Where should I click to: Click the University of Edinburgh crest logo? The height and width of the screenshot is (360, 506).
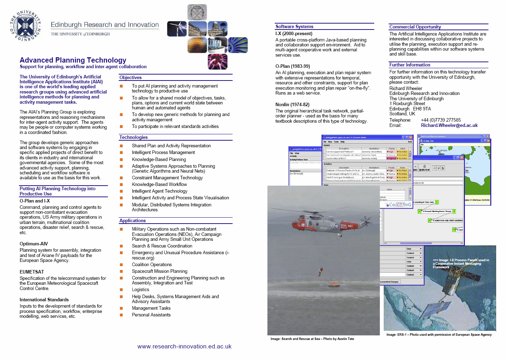pyautogui.click(x=25, y=25)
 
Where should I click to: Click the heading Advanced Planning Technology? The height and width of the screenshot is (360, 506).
pyautogui.click(x=73, y=60)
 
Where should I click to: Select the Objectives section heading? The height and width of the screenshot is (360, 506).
pyautogui.click(x=130, y=78)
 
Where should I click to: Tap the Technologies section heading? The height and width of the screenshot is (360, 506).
pyautogui.click(x=134, y=137)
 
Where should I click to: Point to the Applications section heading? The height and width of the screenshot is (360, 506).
pyautogui.click(x=132, y=221)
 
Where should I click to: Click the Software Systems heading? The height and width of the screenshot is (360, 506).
pyautogui.click(x=294, y=27)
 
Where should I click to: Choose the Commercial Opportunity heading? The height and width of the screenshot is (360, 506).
pyautogui.click(x=415, y=27)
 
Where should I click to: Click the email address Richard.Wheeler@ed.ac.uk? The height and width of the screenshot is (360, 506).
pyautogui.click(x=449, y=126)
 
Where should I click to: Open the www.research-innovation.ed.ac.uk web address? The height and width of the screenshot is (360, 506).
pyautogui.click(x=184, y=347)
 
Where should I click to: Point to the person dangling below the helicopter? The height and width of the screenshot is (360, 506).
pyautogui.click(x=320, y=271)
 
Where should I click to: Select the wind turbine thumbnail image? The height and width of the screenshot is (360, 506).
pyautogui.click(x=177, y=29)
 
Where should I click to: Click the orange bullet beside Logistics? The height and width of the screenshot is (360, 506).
pyautogui.click(x=121, y=290)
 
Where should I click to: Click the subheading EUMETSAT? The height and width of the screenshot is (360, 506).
pyautogui.click(x=32, y=272)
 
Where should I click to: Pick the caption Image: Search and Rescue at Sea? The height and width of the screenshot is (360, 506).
pyautogui.click(x=312, y=339)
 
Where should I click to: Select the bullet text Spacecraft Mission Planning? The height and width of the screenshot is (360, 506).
pyautogui.click(x=160, y=271)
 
